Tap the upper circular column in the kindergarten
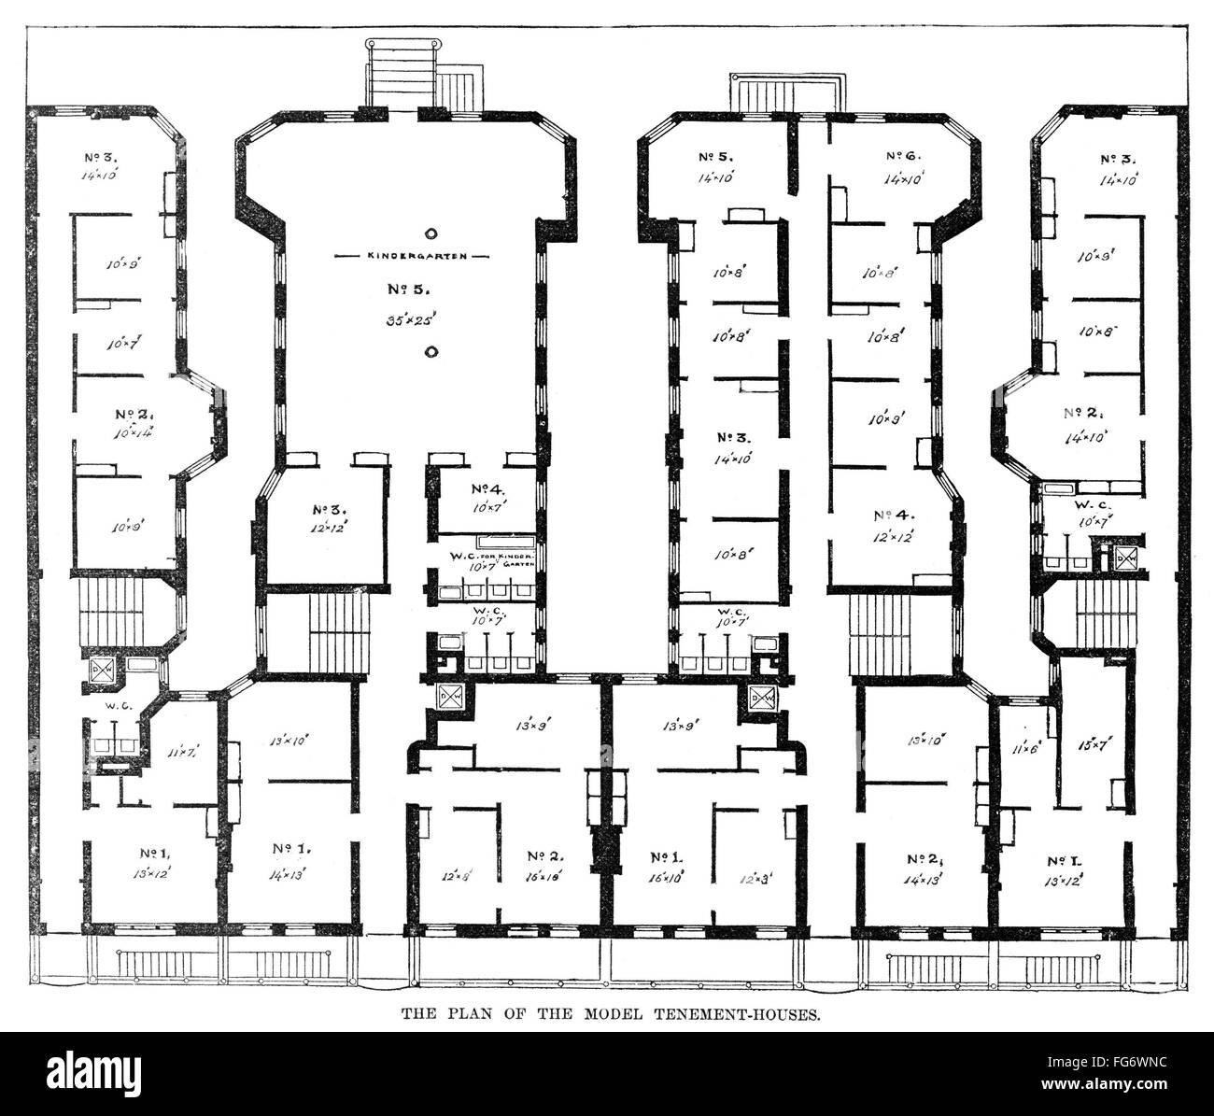coord(431,233)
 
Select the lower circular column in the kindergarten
coord(431,351)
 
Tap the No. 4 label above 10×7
coord(487,488)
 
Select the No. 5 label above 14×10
coord(719,157)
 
